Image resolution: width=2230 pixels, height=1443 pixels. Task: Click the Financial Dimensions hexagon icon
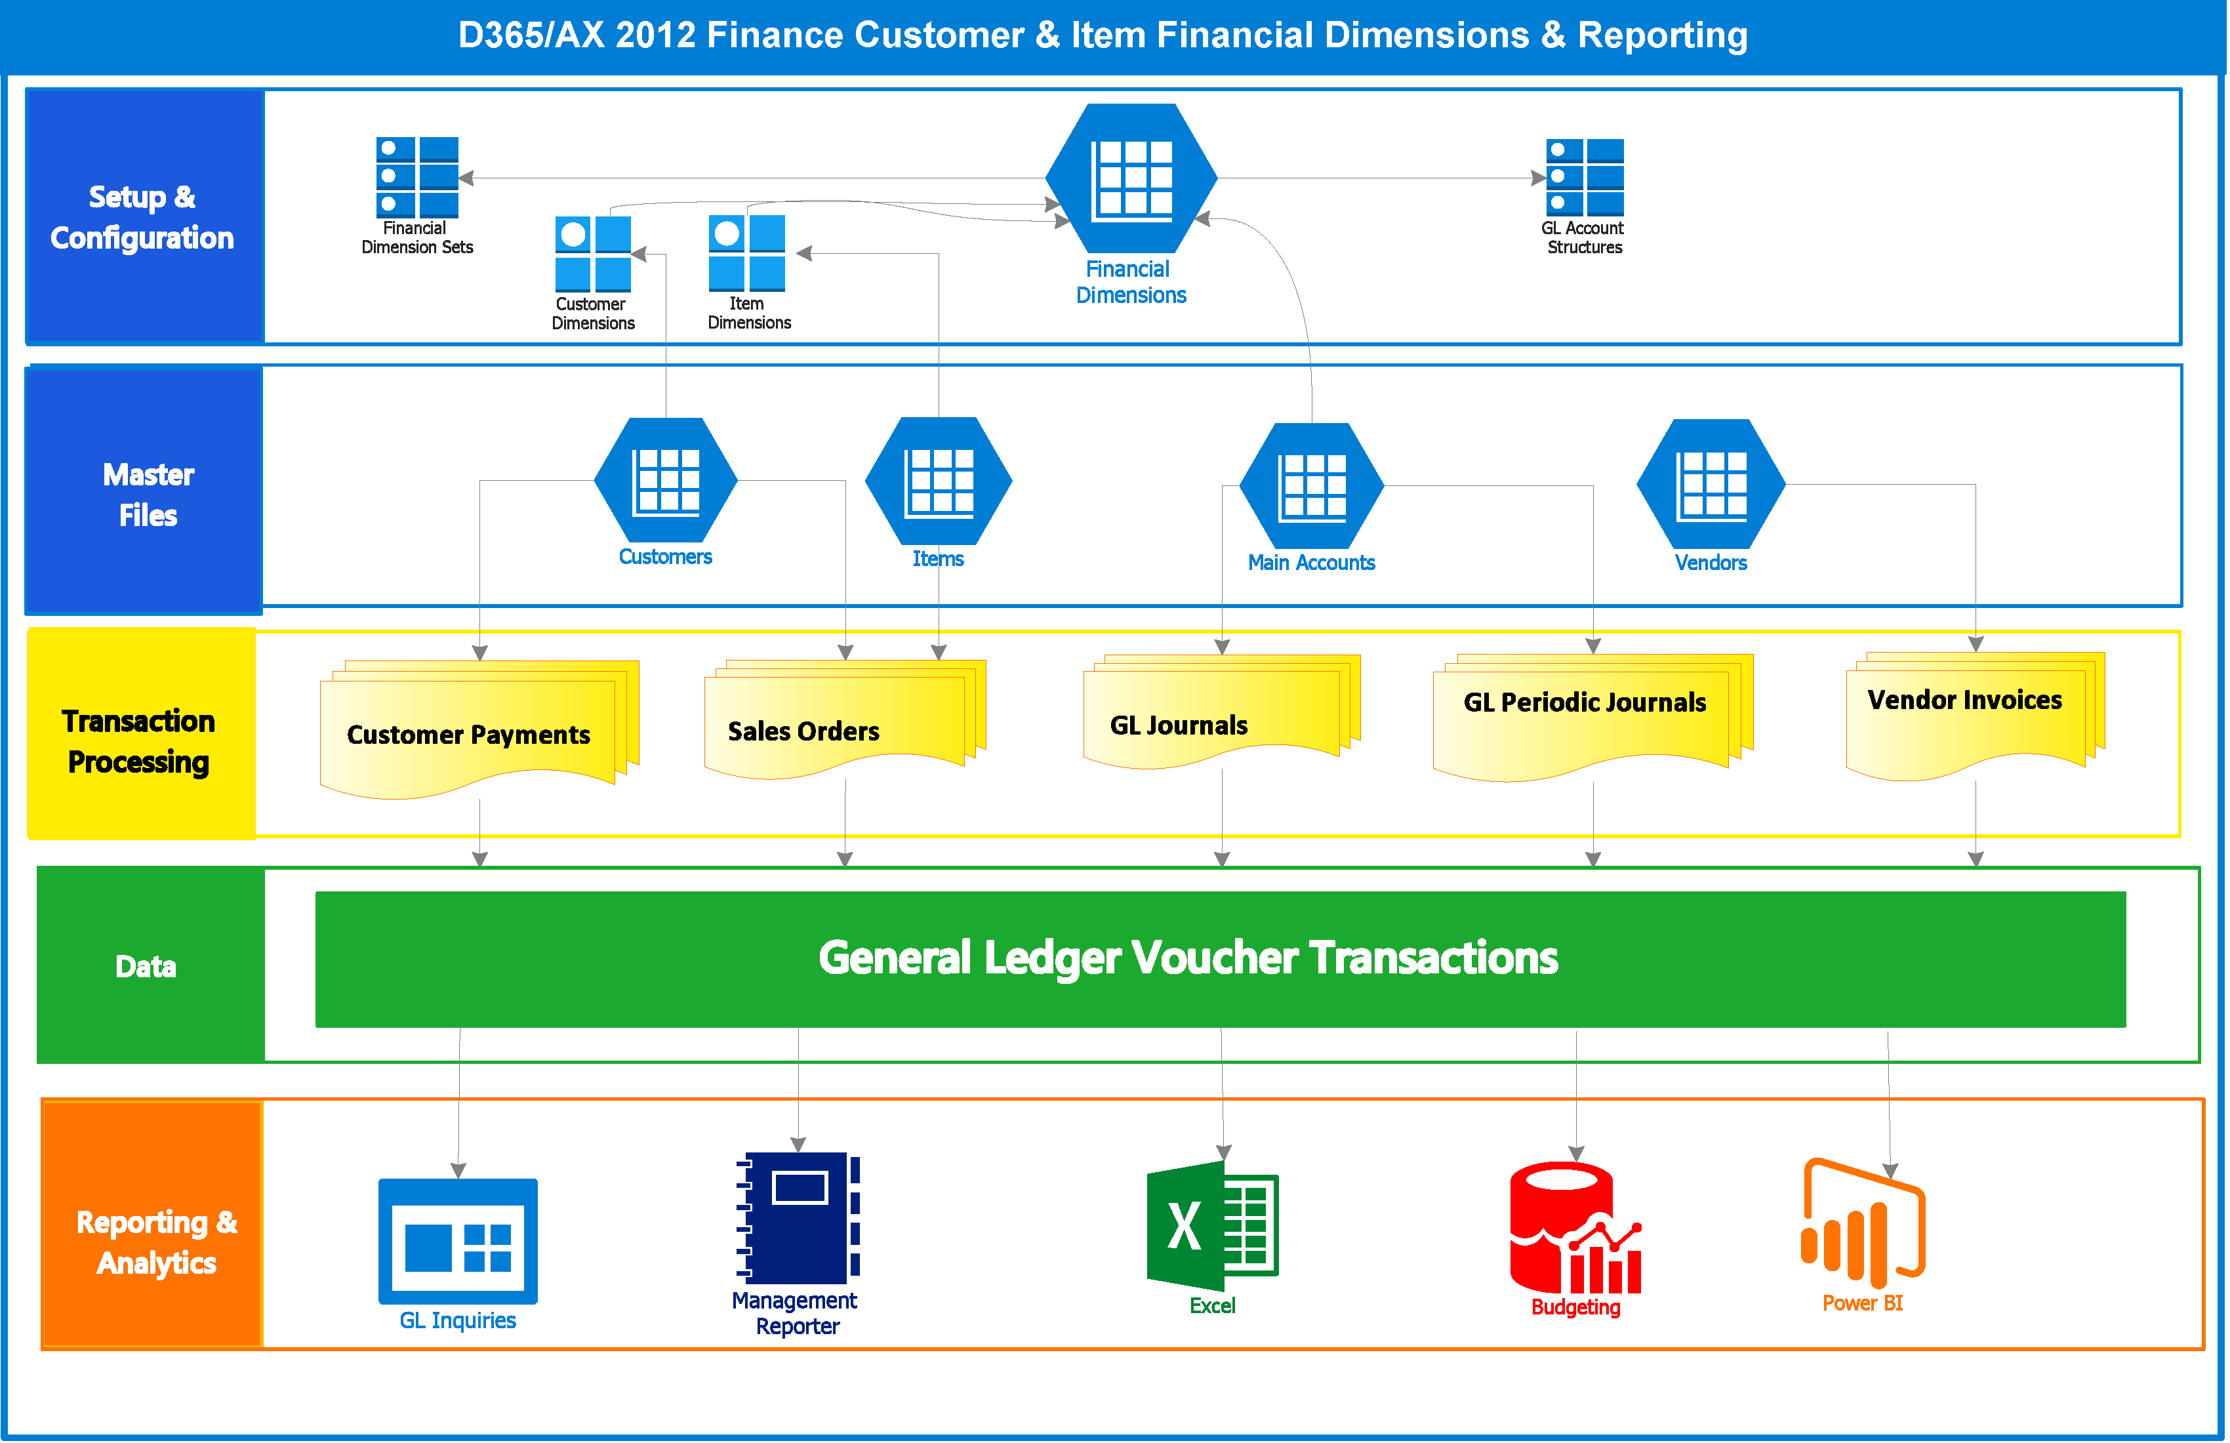point(1131,178)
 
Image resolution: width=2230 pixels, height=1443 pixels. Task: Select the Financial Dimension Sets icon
point(417,177)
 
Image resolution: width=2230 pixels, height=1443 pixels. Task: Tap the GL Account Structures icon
point(1585,177)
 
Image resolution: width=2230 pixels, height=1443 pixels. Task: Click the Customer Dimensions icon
point(593,254)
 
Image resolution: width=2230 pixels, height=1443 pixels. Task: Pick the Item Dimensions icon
point(747,253)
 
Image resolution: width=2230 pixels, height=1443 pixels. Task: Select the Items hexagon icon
point(939,481)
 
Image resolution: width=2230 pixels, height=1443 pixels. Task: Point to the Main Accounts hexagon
point(1312,485)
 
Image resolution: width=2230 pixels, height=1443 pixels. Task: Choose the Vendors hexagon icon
point(1711,483)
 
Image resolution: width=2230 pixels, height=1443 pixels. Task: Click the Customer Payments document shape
point(479,729)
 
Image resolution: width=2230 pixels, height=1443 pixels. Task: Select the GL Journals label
point(1179,725)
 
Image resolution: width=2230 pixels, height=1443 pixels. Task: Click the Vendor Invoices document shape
point(1975,716)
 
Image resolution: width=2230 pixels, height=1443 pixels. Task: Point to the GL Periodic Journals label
point(1585,702)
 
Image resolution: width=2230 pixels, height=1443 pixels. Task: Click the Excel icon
point(1213,1226)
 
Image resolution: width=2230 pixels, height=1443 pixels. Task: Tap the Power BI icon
point(1863,1224)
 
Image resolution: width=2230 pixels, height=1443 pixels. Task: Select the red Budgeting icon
point(1575,1227)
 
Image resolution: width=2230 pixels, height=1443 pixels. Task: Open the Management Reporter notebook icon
point(798,1218)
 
